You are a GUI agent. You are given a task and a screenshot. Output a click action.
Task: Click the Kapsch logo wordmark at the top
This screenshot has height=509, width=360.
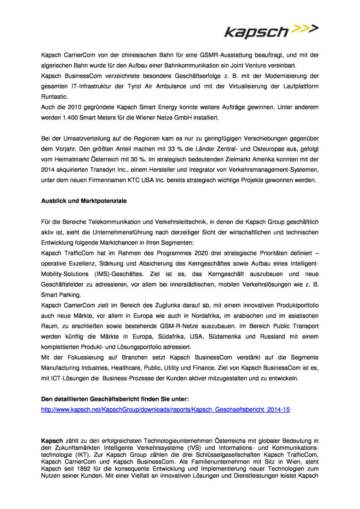257,32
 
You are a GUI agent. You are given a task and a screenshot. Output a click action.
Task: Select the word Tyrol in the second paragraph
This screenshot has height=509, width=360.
134,86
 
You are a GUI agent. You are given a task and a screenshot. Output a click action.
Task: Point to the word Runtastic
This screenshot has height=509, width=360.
54,97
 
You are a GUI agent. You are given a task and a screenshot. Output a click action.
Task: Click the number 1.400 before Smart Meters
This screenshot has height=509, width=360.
70,118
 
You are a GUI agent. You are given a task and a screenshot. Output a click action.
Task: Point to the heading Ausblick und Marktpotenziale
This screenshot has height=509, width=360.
84,201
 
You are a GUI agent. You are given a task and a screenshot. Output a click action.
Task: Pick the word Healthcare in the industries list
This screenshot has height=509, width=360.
126,368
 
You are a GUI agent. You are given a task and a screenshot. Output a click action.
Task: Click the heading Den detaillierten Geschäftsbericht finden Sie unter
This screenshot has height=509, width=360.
115,399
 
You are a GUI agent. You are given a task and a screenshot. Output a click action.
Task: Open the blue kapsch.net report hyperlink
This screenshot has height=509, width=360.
165,410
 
